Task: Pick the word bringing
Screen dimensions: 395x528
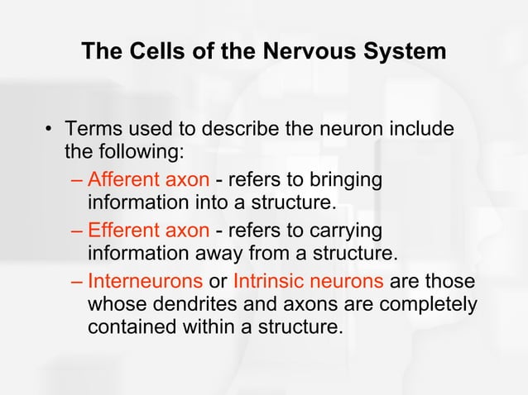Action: [x=345, y=179]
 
